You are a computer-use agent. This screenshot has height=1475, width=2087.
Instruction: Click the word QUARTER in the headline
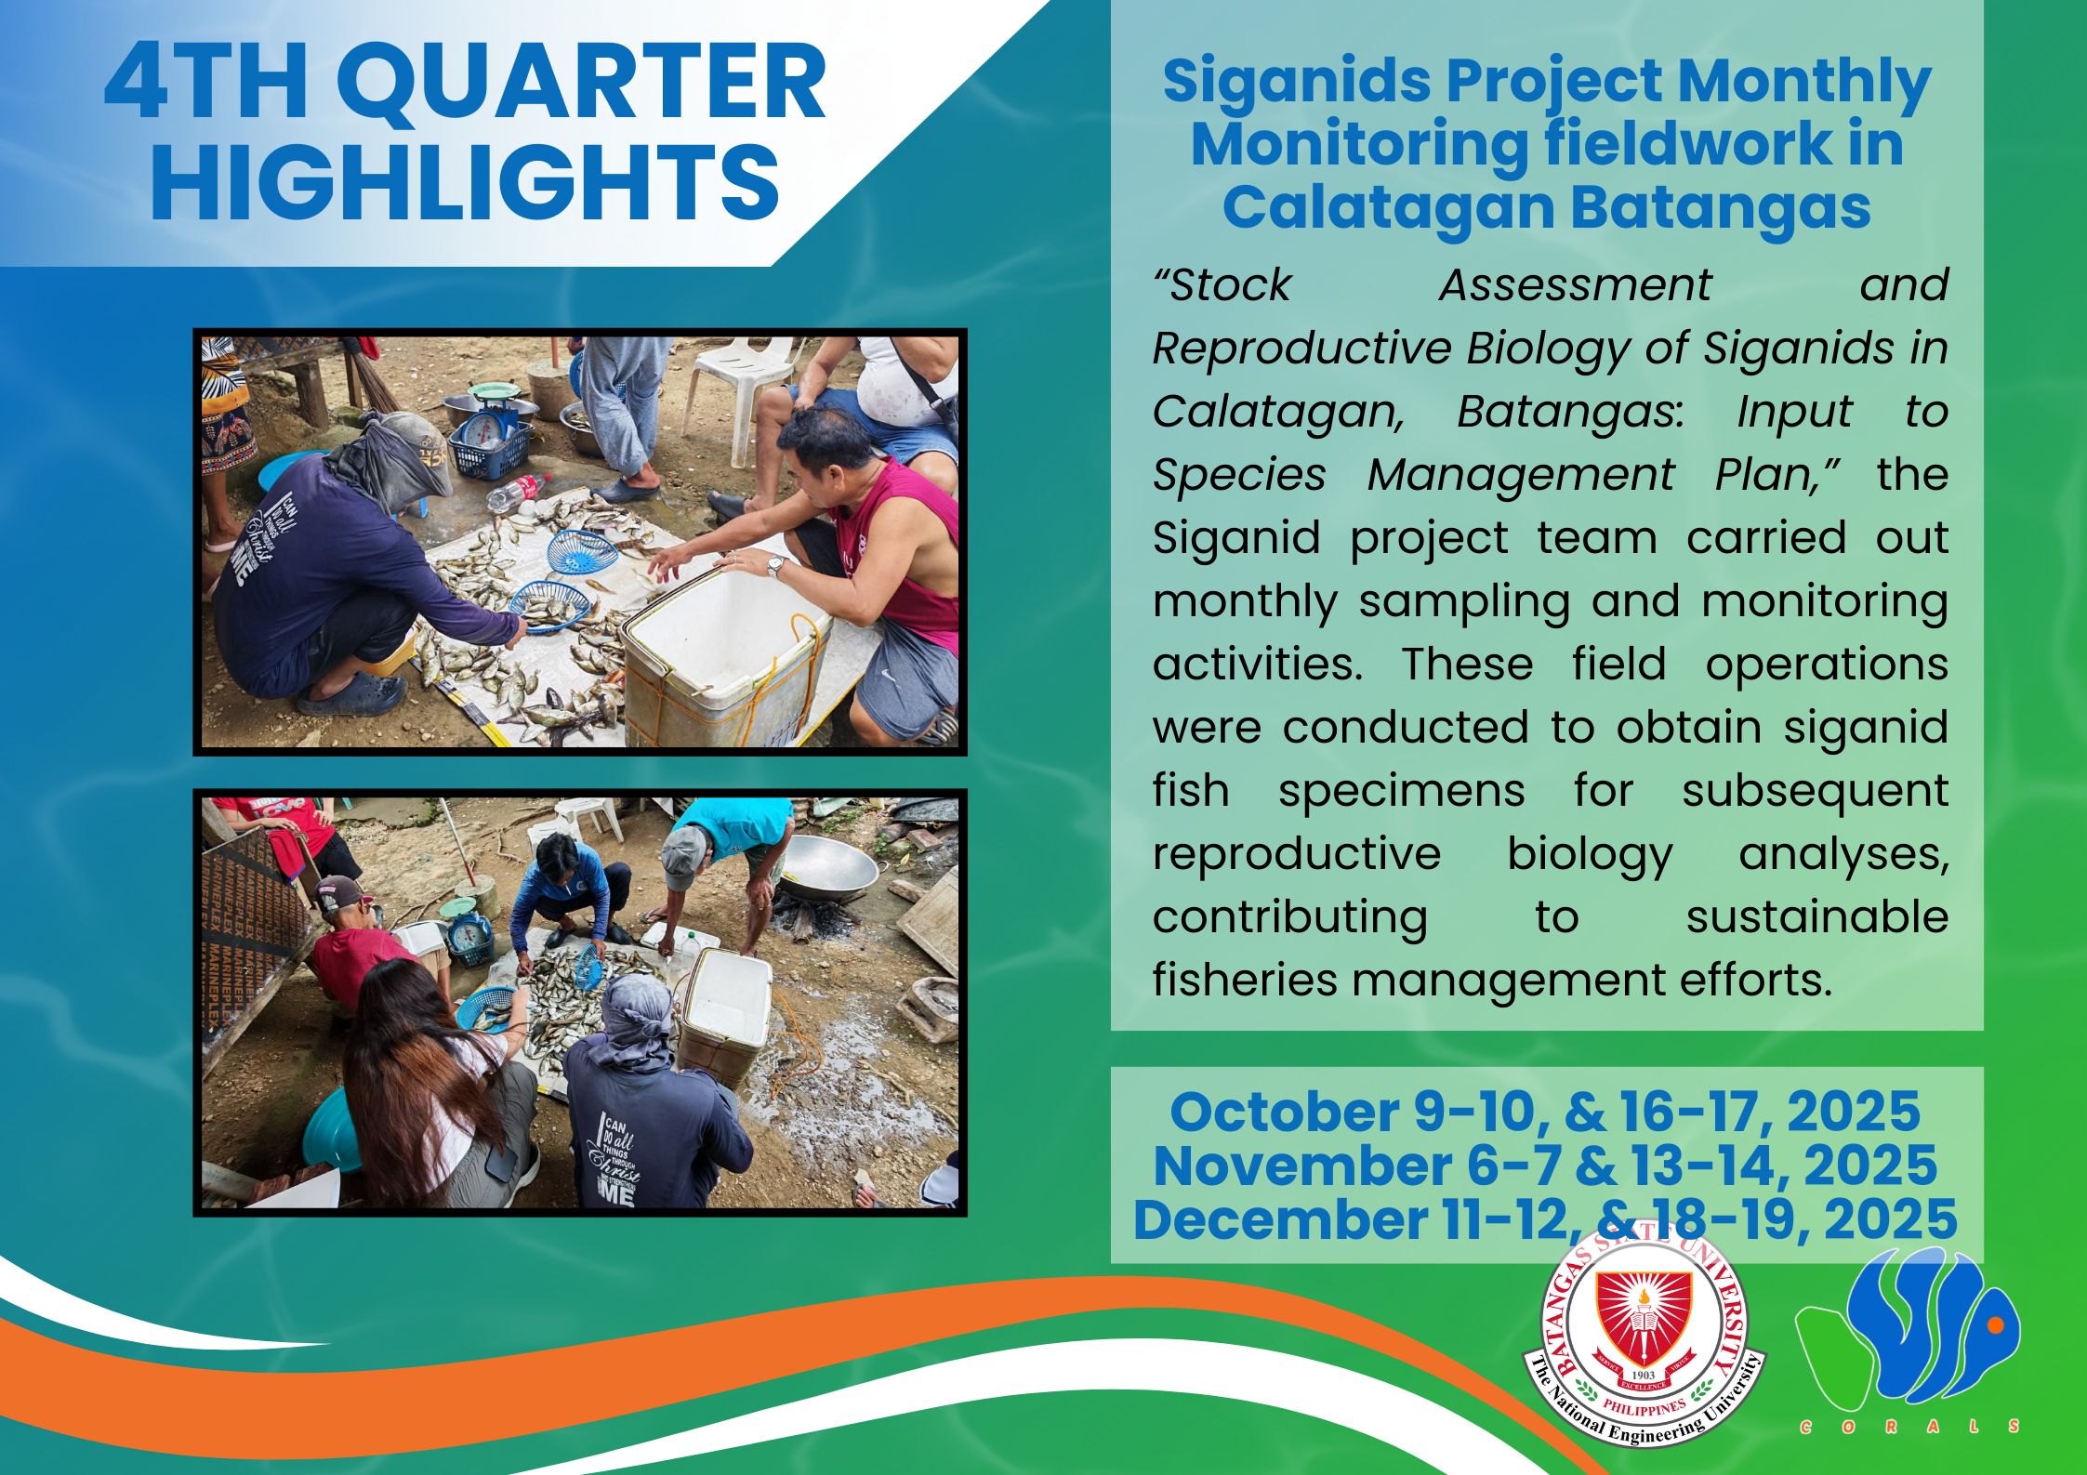(x=581, y=84)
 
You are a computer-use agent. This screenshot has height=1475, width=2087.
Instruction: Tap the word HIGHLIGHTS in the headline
(x=465, y=183)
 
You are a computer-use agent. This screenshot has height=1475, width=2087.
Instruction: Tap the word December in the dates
(x=1280, y=1219)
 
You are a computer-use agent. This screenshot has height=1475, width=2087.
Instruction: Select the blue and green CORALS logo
(x=1909, y=1338)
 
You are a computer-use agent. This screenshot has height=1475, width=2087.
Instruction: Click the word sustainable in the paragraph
(x=1817, y=917)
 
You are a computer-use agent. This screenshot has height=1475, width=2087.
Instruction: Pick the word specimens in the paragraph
(x=1401, y=793)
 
